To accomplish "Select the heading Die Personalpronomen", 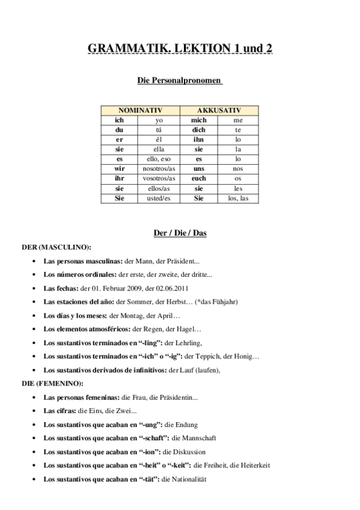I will pos(180,80).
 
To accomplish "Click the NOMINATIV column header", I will pos(139,111).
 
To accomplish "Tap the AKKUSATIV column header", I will pos(219,111).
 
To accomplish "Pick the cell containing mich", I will pos(199,120).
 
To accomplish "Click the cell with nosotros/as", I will pos(159,169).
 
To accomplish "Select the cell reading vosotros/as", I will pos(159,179).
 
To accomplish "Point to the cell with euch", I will pos(199,179).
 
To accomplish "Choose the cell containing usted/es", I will pos(159,198).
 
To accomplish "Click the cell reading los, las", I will pos(238,198).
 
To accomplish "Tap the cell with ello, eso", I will pos(159,159).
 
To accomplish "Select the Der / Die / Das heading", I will pos(180,233).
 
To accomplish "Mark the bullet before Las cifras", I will pos(34,411).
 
